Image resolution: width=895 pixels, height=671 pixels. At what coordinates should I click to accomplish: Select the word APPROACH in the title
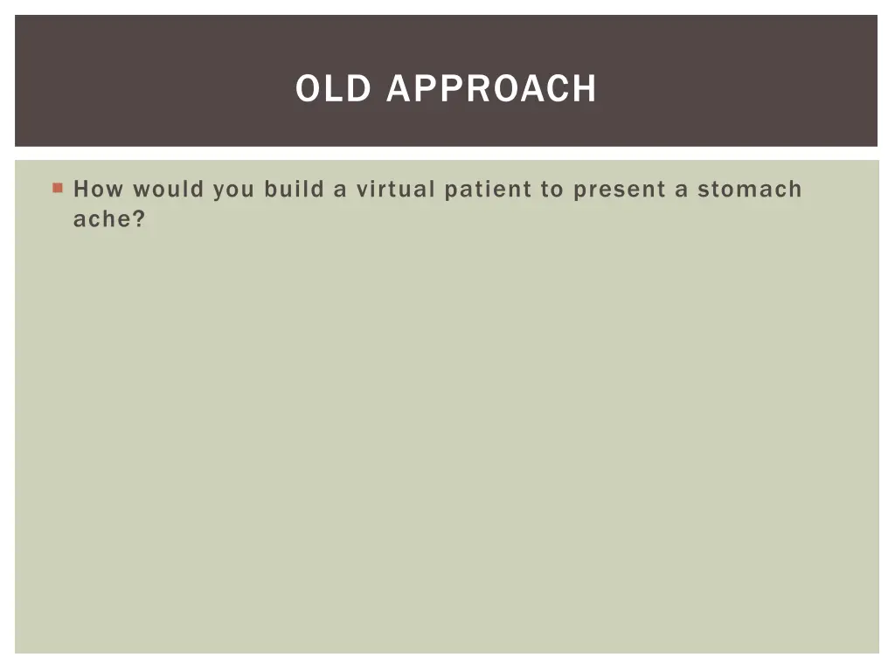coord(491,88)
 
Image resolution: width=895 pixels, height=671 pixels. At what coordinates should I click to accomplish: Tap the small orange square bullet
coord(58,188)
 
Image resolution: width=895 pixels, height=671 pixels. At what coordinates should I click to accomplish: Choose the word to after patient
coord(552,190)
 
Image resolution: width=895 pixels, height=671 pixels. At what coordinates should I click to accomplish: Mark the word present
coord(620,190)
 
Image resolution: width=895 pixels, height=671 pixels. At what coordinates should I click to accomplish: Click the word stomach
coord(749,190)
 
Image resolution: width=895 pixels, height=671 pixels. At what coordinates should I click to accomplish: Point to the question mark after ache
coord(138,219)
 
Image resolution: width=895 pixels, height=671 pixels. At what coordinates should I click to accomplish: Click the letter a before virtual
coord(340,190)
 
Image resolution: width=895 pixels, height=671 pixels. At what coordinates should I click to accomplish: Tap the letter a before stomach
coord(682,190)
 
